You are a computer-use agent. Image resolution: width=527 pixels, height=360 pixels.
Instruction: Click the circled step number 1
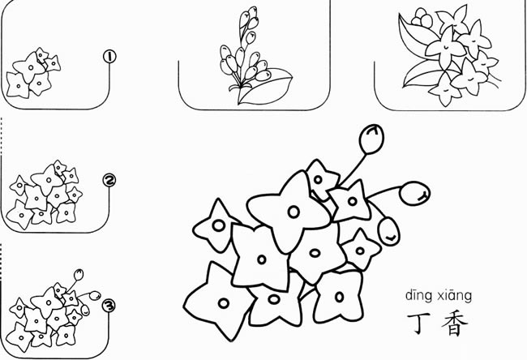click(109, 57)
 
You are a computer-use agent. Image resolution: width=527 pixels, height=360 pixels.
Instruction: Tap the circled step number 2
click(109, 181)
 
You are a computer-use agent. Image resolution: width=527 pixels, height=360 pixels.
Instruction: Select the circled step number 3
click(109, 306)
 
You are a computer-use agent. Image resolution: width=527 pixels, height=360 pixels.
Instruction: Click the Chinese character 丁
click(418, 324)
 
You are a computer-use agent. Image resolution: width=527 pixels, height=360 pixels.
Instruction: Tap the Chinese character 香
click(454, 324)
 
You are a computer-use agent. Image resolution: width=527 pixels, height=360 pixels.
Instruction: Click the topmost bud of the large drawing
click(371, 139)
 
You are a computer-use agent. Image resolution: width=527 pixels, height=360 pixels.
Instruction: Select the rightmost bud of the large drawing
click(415, 193)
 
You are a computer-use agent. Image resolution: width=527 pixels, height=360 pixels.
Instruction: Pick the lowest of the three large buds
click(389, 232)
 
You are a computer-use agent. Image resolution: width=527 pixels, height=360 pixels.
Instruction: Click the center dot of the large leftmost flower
click(218, 225)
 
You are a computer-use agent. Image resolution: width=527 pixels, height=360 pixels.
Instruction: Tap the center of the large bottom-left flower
click(224, 303)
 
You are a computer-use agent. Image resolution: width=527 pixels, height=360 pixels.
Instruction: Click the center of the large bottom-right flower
click(340, 297)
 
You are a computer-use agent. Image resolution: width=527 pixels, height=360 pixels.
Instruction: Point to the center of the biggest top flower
click(293, 212)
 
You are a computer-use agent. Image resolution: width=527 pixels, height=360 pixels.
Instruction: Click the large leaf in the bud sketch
click(265, 86)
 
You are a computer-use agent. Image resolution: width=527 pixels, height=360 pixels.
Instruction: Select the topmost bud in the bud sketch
click(252, 13)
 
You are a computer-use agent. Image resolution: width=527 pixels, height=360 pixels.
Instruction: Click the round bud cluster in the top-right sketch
click(422, 19)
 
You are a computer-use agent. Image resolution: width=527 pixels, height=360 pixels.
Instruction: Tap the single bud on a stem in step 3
click(79, 275)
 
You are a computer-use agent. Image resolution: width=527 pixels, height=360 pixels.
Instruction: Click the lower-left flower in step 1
click(17, 86)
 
